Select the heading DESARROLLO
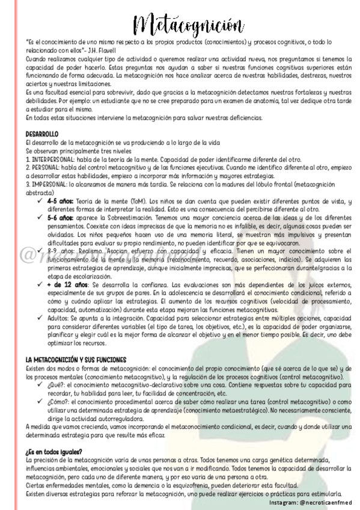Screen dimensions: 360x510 [x=42, y=134]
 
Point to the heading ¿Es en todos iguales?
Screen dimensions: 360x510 [x=54, y=451]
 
